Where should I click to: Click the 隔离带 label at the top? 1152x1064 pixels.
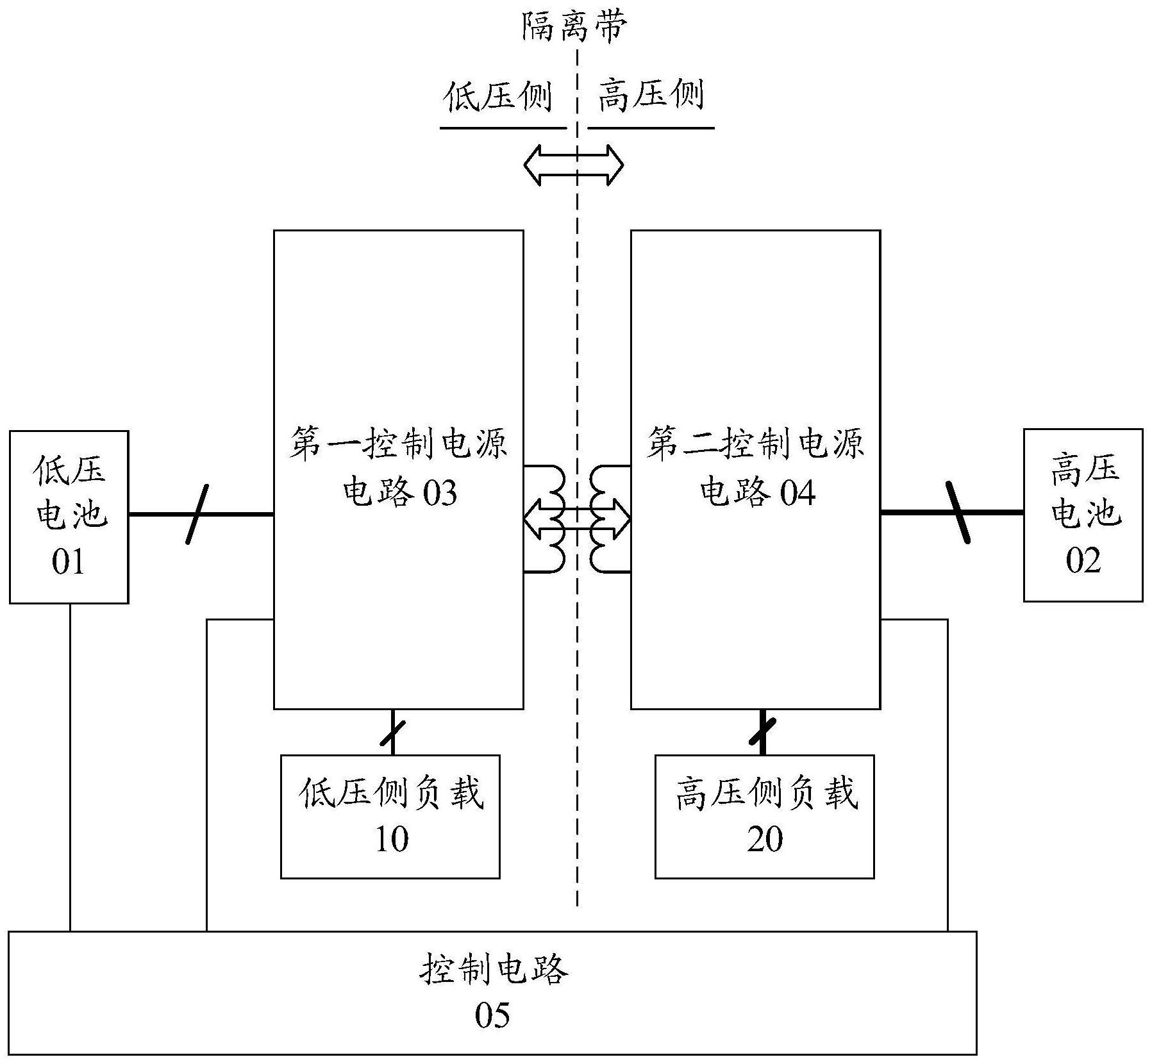[x=573, y=28]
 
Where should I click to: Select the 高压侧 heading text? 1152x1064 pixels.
[x=651, y=96]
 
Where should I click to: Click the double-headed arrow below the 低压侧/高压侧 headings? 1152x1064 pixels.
[x=573, y=165]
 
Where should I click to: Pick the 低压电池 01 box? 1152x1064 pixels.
[x=69, y=517]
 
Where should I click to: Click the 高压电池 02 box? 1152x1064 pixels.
[x=1083, y=515]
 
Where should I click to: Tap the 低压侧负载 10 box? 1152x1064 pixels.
[x=390, y=817]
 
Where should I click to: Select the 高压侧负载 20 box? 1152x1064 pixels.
[x=764, y=817]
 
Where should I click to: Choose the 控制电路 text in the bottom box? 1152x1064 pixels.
[x=494, y=970]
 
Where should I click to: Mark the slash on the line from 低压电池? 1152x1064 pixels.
[x=197, y=515]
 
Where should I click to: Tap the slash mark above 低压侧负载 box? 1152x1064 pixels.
[x=393, y=733]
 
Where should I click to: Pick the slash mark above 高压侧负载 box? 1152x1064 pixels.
[x=763, y=733]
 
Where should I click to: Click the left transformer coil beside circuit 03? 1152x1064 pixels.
[x=553, y=519]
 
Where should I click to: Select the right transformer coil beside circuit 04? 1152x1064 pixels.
[x=603, y=519]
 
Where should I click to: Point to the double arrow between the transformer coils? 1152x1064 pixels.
[x=577, y=518]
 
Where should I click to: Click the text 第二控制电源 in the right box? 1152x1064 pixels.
[x=755, y=444]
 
